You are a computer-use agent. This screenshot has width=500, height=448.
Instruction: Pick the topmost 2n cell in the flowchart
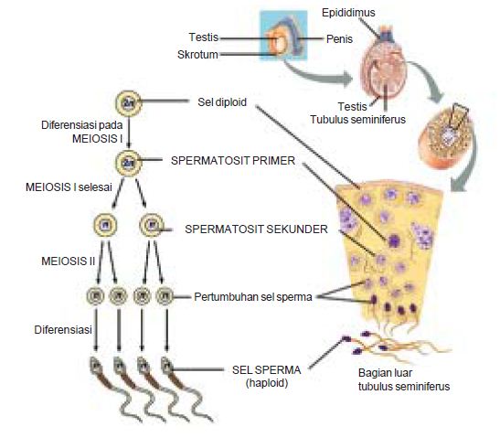point(128,102)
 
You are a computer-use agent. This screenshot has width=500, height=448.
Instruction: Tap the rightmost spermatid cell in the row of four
point(165,296)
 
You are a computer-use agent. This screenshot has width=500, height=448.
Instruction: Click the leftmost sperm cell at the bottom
point(96,368)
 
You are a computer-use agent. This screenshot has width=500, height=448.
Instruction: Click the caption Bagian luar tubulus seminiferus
point(401,379)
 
